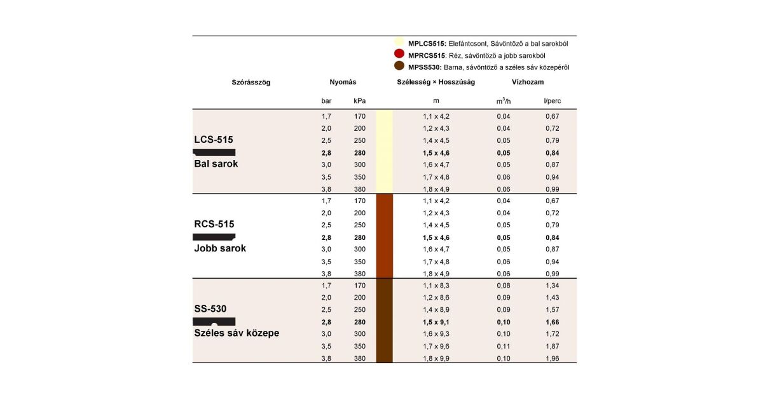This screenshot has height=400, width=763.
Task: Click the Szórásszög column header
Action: tap(251, 83)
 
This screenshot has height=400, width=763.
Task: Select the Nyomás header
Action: tap(343, 83)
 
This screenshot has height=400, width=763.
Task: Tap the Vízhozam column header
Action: tap(528, 83)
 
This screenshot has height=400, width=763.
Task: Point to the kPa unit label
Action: tap(360, 101)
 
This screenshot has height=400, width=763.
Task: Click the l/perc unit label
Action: tap(552, 101)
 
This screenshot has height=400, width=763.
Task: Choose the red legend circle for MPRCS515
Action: tap(399, 55)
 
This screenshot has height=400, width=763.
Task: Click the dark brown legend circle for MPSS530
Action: tap(399, 66)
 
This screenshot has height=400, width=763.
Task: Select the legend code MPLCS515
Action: tap(427, 44)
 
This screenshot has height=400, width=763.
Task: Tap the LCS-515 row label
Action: tap(214, 140)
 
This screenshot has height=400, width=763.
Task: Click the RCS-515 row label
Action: tap(214, 224)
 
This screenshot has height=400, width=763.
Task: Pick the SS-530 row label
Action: tap(210, 309)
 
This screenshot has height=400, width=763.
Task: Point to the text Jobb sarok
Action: tap(220, 248)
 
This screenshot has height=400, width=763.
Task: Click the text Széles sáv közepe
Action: tap(237, 333)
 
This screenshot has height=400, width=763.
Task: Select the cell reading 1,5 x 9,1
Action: tap(436, 322)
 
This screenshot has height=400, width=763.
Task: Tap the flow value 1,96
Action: tap(552, 358)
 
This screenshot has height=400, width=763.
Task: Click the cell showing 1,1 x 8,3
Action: tap(436, 286)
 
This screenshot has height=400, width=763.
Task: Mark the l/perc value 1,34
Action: tap(552, 286)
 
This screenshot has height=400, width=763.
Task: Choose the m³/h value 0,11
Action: tap(504, 346)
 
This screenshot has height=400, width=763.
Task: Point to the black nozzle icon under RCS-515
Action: tap(214, 237)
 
